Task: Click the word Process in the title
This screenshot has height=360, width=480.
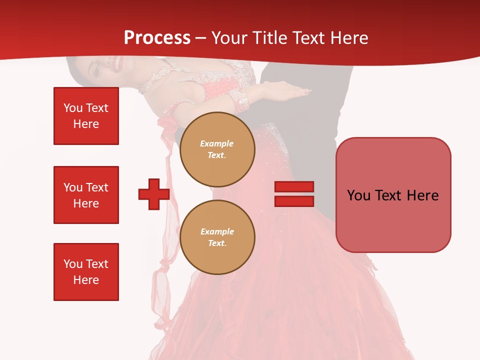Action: pyautogui.click(x=157, y=37)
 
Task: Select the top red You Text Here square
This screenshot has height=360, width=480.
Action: pyautogui.click(x=86, y=116)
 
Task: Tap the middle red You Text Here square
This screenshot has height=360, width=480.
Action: pyautogui.click(x=86, y=195)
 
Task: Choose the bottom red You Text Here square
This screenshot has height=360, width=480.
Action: pyautogui.click(x=86, y=272)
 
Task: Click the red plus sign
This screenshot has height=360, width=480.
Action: pyautogui.click(x=154, y=194)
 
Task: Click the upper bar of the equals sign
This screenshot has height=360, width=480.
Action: pyautogui.click(x=294, y=186)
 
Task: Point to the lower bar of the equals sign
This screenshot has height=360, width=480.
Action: pyautogui.click(x=294, y=201)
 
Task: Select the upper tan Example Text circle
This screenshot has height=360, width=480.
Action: pyautogui.click(x=217, y=149)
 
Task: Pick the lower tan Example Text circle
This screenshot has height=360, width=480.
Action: pyautogui.click(x=217, y=237)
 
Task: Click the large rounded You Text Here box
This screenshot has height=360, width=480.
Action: pyautogui.click(x=393, y=195)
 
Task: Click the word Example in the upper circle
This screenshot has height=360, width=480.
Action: pyautogui.click(x=217, y=143)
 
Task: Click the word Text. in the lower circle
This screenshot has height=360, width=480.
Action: pyautogui.click(x=217, y=243)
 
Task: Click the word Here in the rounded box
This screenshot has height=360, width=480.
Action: pyautogui.click(x=422, y=195)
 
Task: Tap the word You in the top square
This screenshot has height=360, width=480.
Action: pyautogui.click(x=73, y=108)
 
